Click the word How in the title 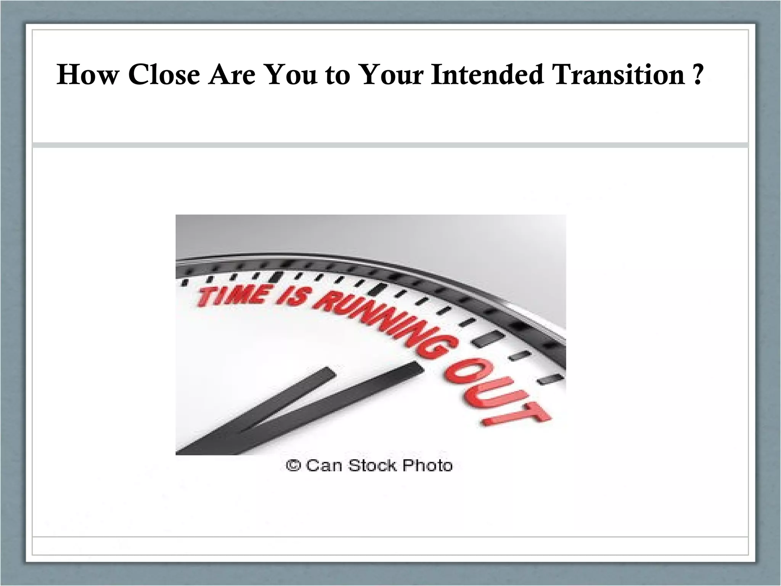click(87, 74)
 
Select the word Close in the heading click(164, 74)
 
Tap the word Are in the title click(231, 74)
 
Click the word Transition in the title click(617, 74)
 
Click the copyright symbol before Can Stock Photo click(293, 465)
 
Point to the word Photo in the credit click(427, 465)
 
